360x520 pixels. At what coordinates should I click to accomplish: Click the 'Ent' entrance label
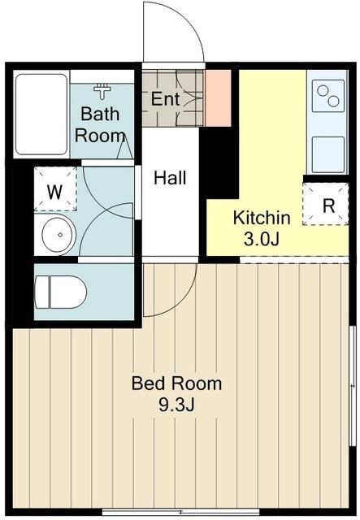click(165, 99)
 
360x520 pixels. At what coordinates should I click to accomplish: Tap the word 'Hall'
click(170, 178)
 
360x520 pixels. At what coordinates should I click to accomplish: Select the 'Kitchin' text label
click(262, 218)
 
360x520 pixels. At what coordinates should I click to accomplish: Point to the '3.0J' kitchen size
click(261, 239)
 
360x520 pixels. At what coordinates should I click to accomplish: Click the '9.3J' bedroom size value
click(176, 405)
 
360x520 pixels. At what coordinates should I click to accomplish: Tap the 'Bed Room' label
click(177, 383)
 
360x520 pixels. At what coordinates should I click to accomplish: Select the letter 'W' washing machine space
click(54, 192)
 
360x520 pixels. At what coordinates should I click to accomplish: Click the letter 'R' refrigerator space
click(328, 206)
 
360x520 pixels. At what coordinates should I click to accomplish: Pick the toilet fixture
click(60, 292)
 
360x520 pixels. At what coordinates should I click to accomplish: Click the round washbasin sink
click(59, 235)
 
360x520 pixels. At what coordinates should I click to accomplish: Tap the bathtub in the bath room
click(41, 115)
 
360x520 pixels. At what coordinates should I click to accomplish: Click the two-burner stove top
click(327, 96)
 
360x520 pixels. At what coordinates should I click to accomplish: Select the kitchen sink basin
click(328, 154)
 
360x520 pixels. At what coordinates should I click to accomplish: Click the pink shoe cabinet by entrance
click(218, 98)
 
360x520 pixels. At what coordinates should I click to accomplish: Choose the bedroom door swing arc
click(183, 301)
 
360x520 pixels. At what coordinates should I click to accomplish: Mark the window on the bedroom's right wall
click(352, 387)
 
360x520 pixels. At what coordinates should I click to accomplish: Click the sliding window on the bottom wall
click(180, 511)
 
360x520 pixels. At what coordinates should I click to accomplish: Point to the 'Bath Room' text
click(100, 124)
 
